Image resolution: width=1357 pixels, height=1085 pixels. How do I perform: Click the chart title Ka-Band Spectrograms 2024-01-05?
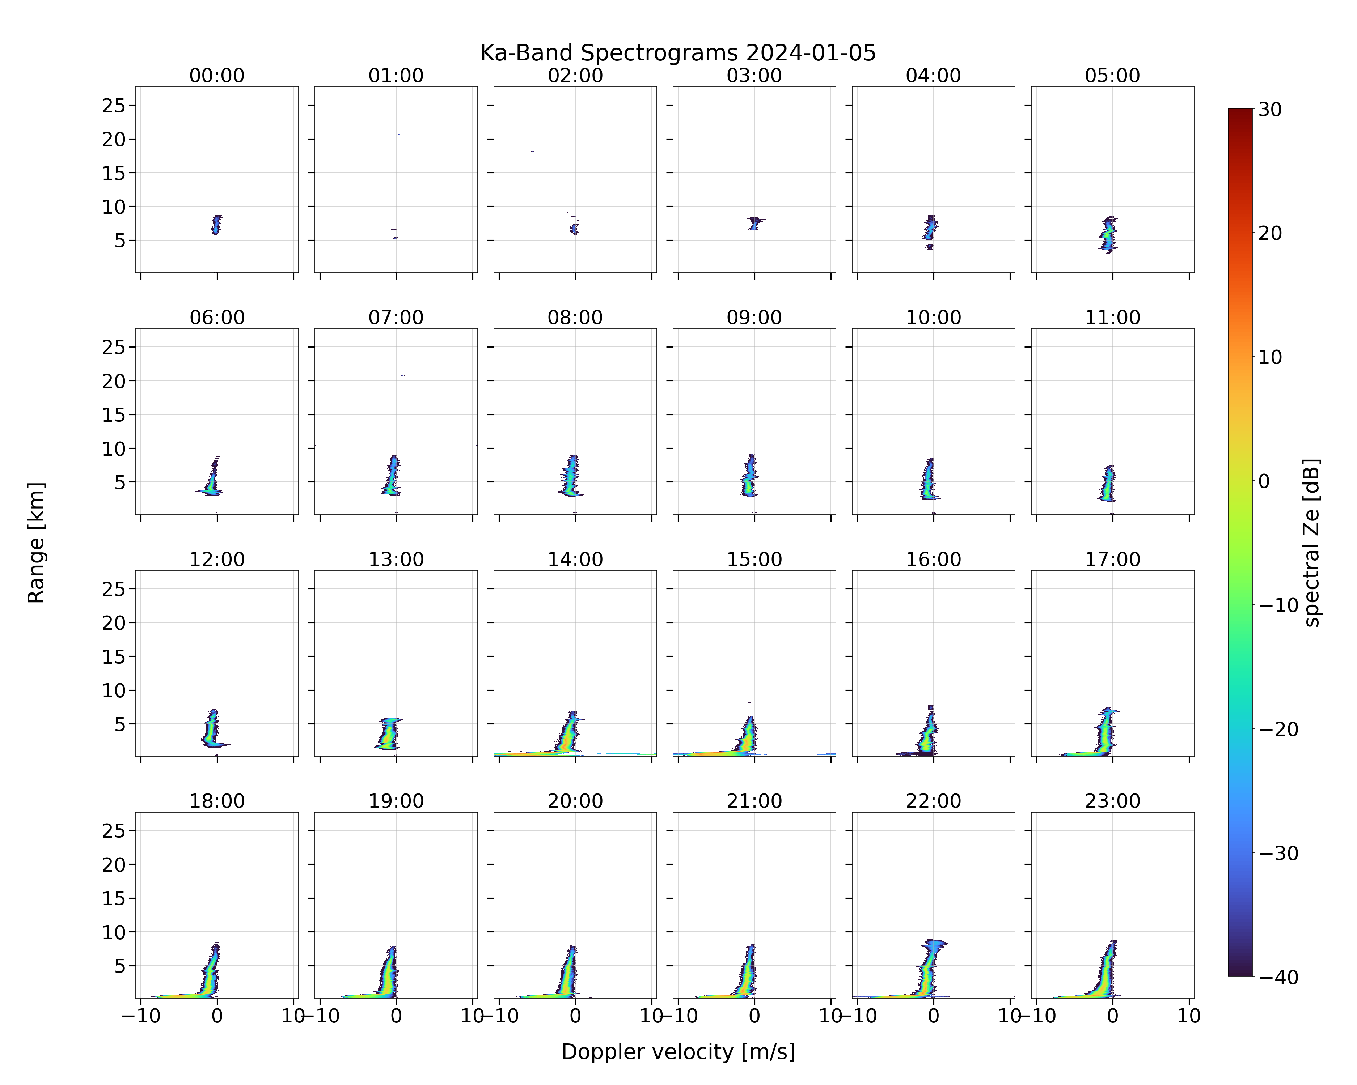click(678, 53)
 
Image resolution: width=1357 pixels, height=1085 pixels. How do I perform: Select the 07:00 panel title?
click(396, 318)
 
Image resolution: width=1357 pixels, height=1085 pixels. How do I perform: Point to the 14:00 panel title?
click(575, 559)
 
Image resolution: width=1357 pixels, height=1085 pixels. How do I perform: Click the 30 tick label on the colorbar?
click(1270, 110)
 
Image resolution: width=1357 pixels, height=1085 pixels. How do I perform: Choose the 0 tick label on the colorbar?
click(1264, 481)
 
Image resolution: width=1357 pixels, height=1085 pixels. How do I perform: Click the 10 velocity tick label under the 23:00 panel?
click(1189, 1016)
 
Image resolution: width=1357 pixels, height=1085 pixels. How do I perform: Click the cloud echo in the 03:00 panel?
click(754, 223)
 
